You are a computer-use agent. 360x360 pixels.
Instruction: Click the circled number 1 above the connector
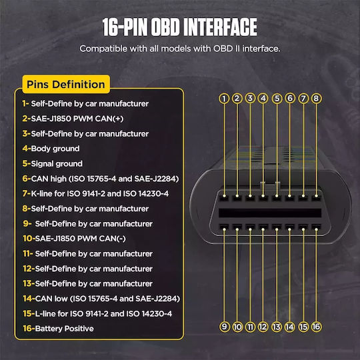pyautogui.click(x=224, y=99)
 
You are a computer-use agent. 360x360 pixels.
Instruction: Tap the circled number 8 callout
pyautogui.click(x=317, y=99)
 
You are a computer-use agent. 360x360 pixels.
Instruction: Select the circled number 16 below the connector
pyautogui.click(x=317, y=327)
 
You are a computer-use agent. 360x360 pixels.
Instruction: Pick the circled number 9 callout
pyautogui.click(x=224, y=327)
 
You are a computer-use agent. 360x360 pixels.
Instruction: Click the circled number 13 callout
pyautogui.click(x=277, y=327)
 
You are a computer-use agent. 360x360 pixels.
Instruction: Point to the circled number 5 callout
pyautogui.click(x=277, y=99)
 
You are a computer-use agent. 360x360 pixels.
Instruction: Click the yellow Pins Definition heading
pyautogui.click(x=66, y=84)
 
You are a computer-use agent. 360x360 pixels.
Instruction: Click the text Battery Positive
pyautogui.click(x=64, y=329)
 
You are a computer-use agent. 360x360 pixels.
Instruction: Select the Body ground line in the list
pyautogui.click(x=51, y=149)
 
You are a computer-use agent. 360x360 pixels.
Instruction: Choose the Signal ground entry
pyautogui.click(x=53, y=164)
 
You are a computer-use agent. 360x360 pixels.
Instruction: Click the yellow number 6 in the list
pyautogui.click(x=25, y=179)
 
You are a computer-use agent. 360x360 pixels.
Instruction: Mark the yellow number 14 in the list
pyautogui.click(x=27, y=299)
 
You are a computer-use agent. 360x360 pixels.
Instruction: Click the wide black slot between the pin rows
pyautogui.click(x=270, y=213)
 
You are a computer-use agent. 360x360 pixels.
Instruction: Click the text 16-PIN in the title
pyautogui.click(x=125, y=27)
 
